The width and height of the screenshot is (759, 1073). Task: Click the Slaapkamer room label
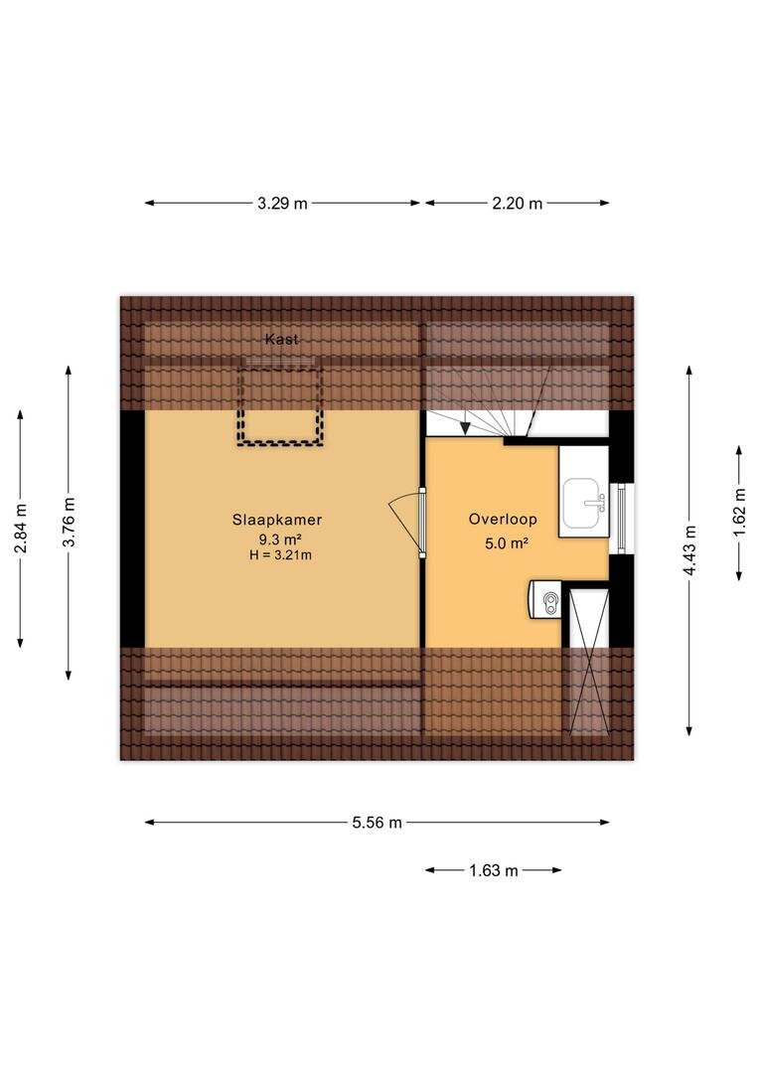click(276, 520)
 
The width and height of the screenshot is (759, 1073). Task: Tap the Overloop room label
click(503, 519)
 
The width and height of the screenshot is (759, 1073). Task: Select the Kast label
click(281, 339)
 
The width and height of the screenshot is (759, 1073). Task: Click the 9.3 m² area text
click(276, 538)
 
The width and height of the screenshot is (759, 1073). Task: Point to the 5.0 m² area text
click(506, 544)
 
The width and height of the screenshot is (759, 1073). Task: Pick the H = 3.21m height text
click(280, 555)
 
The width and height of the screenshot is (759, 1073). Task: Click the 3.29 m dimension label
click(282, 204)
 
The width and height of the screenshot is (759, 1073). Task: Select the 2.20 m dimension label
click(517, 204)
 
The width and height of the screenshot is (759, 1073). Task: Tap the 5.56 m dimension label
click(377, 823)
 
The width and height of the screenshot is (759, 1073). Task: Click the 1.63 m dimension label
click(493, 870)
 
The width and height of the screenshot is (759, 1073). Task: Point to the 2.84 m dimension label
click(21, 529)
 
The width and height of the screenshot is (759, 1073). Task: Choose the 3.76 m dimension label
click(69, 523)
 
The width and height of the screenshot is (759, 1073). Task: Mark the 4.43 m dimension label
click(689, 550)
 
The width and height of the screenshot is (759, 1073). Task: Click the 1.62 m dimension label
click(739, 513)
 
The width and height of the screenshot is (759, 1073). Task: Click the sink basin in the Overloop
click(584, 503)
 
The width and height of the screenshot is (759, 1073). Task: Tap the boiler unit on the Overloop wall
click(545, 600)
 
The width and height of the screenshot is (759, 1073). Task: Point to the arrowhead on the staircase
click(465, 428)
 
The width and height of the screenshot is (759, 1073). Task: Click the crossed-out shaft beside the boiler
click(588, 661)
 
